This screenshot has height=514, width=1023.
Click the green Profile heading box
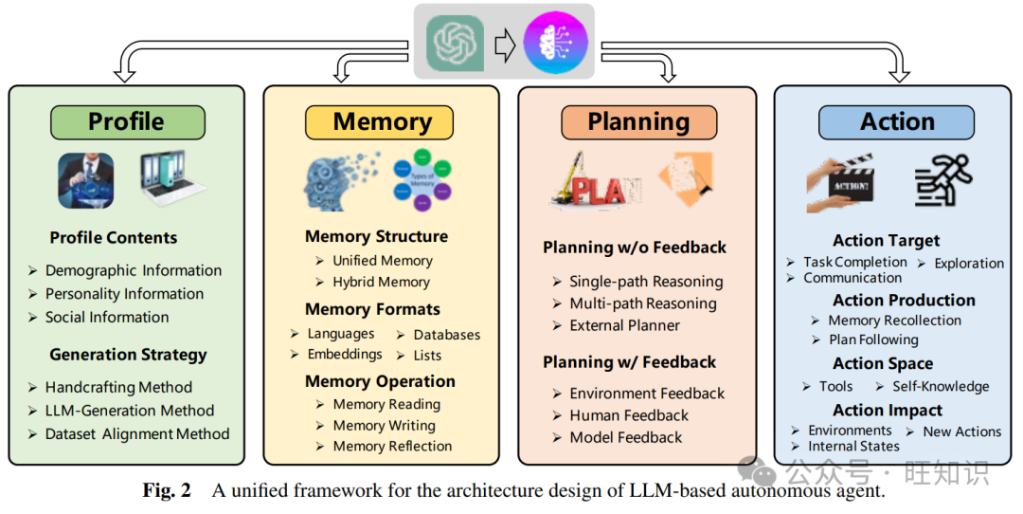pos(127,122)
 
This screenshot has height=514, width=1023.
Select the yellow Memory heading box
pos(379,122)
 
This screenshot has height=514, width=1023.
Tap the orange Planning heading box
pos(638,122)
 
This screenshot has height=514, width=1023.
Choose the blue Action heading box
pos(896,122)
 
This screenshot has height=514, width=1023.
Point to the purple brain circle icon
pos(556,43)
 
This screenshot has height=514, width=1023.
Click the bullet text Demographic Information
pos(133,270)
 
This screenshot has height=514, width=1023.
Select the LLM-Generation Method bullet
pos(129,411)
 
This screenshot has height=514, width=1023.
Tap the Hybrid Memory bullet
pos(381,282)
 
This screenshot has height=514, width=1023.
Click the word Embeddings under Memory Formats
pos(345,354)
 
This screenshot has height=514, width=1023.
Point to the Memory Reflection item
pos(392,446)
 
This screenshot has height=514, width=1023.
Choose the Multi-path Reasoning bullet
pos(642,303)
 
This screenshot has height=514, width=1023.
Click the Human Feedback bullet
pos(629,415)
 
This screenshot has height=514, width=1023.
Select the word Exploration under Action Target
pos(968,264)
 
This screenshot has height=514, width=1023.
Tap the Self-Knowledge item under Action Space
pos(940,387)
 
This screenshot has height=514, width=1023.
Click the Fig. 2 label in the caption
pos(167,490)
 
